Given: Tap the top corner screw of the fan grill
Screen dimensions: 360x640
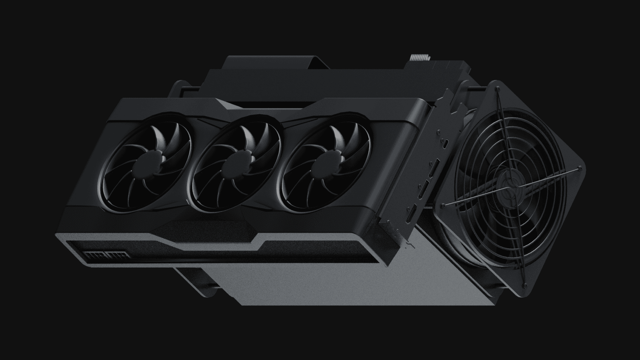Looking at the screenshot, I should point(498,90).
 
